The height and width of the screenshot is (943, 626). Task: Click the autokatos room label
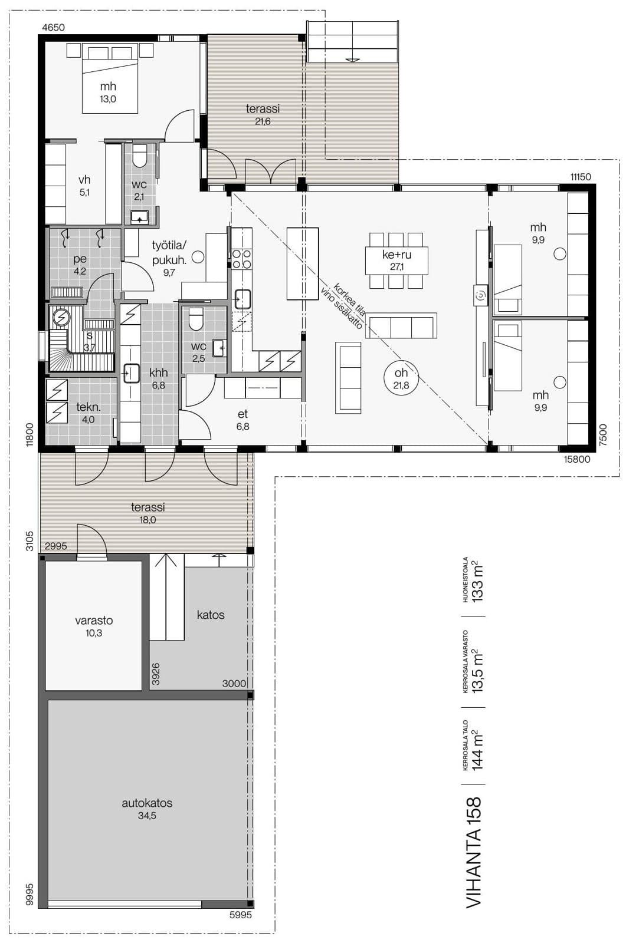(x=147, y=803)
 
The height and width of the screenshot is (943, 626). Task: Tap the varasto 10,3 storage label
(x=94, y=626)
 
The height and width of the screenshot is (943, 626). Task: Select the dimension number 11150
(x=581, y=177)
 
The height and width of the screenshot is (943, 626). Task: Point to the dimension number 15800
(x=576, y=459)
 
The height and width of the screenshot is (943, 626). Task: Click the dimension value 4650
(x=54, y=27)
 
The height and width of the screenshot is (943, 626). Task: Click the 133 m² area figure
(x=478, y=581)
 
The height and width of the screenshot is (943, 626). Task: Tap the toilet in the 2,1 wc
(x=139, y=157)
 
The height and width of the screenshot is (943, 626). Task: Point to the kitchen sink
(x=242, y=299)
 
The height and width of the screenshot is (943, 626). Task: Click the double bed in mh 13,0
(x=110, y=80)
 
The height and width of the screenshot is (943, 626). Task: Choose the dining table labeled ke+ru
(x=396, y=261)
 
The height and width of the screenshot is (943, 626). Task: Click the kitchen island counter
(x=302, y=263)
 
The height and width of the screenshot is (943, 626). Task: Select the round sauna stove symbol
(x=62, y=317)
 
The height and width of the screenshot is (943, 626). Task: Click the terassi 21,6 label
(x=263, y=114)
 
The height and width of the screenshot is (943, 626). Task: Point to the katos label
(x=211, y=615)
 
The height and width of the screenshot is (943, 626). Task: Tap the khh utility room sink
(x=132, y=374)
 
